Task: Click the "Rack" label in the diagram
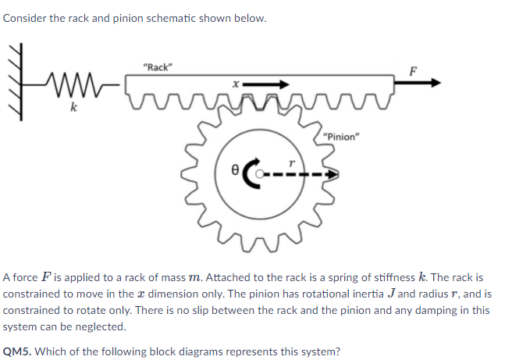coord(158,67)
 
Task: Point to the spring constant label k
coord(73,107)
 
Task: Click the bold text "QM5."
coord(19,351)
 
